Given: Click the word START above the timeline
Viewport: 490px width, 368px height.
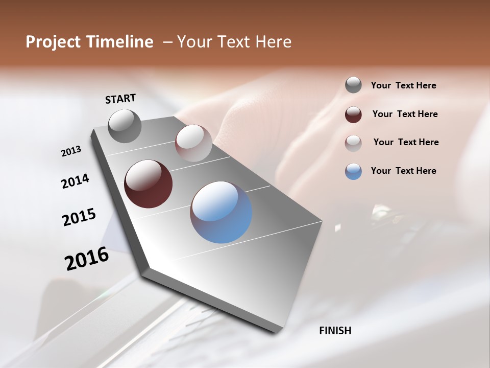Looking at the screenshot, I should (x=120, y=99).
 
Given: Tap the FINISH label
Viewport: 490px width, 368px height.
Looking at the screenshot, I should (x=335, y=331).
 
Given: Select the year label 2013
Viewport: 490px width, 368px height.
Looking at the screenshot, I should (x=71, y=151).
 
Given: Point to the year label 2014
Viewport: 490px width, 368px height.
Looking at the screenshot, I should (x=75, y=181).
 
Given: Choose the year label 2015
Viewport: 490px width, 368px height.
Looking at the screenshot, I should (x=79, y=217).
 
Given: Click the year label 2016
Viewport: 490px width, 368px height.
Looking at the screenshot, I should (x=87, y=259).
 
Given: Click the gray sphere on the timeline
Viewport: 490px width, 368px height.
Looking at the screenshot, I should (x=125, y=126).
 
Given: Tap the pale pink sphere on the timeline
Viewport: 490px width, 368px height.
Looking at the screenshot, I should (x=193, y=143).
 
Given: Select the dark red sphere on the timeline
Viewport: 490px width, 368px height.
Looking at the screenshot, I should (x=148, y=184).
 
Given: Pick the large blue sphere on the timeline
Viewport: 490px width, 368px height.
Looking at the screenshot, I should (x=221, y=212).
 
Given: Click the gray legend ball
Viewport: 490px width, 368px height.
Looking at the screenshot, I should (x=353, y=85).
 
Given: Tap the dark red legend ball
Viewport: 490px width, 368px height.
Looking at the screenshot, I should (x=353, y=114).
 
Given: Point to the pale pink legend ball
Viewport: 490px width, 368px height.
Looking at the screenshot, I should (x=353, y=143).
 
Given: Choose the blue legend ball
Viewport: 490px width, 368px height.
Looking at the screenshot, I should (x=353, y=171).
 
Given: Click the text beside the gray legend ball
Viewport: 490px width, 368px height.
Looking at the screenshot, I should (x=403, y=85).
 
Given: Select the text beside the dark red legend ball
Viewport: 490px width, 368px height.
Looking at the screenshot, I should (x=405, y=114).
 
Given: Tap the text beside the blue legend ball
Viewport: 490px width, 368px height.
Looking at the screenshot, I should (x=403, y=171).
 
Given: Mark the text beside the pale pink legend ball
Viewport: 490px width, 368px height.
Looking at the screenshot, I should (x=406, y=142).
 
